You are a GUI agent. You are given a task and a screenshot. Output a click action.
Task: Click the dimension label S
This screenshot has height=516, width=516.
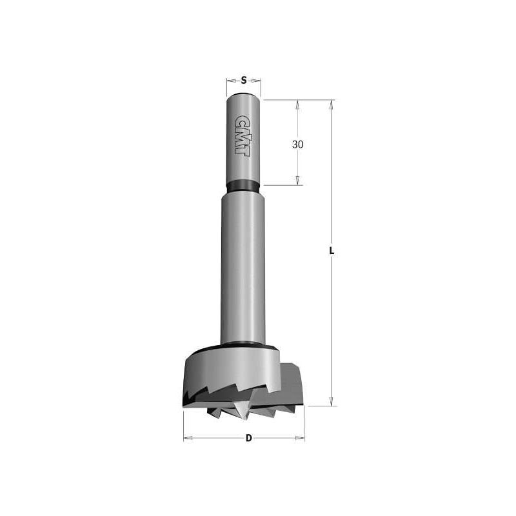click(x=244, y=80)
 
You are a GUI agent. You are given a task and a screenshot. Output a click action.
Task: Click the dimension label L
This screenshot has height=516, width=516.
click(x=332, y=251)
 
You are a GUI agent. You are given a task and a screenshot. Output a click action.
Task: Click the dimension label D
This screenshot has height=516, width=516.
click(x=249, y=438)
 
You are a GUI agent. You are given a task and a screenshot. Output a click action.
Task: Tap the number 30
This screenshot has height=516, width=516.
click(x=297, y=144)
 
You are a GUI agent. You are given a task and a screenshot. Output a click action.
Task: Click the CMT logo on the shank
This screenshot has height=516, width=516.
click(x=243, y=135)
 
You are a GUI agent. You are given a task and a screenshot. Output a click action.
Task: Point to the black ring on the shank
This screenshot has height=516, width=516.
click(x=243, y=186)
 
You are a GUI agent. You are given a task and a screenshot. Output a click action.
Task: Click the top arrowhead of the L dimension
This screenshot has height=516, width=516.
click(x=332, y=104)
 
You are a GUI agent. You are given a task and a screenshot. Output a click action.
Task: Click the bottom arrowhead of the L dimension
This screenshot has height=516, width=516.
click(x=332, y=401)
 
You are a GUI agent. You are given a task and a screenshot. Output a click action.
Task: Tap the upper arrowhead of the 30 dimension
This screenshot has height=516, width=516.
click(x=297, y=104)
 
